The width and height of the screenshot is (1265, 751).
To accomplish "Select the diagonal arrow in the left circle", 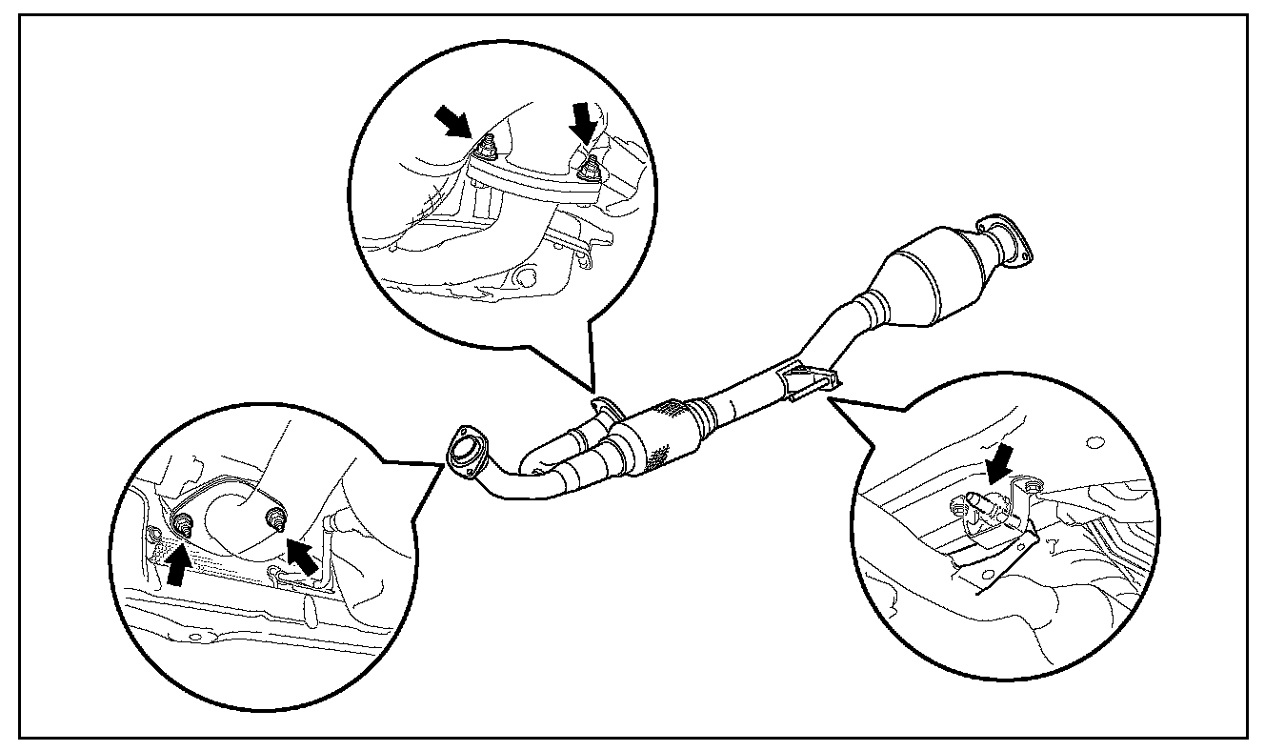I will pyautogui.click(x=301, y=558).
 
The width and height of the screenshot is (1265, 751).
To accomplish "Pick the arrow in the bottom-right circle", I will pyautogui.click(x=1000, y=466).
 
